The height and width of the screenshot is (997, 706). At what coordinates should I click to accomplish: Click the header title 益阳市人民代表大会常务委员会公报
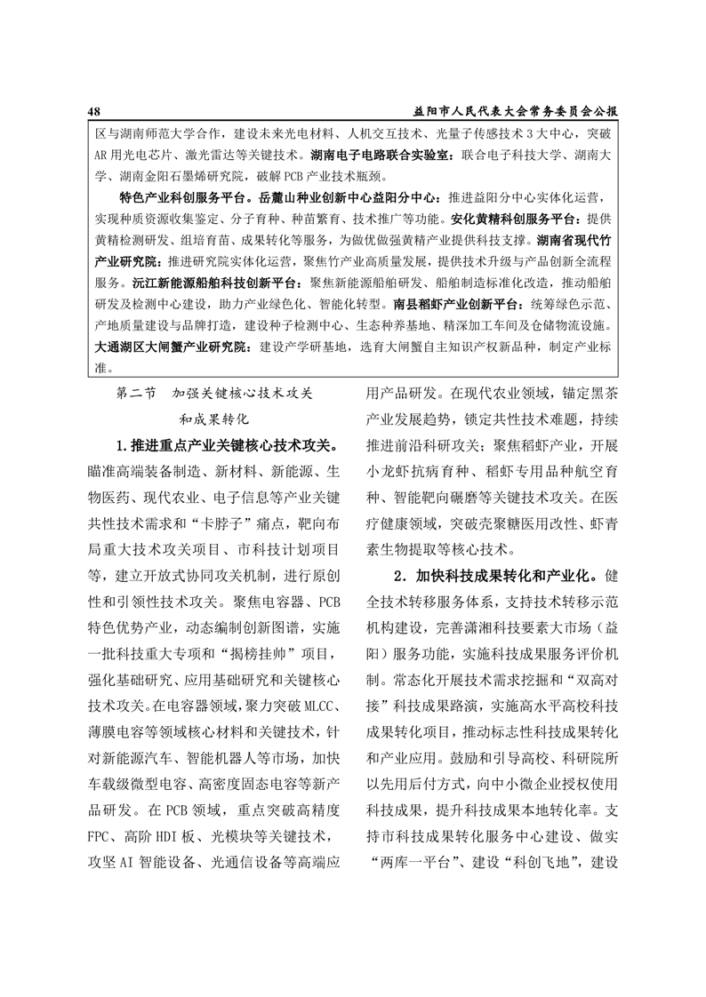click(x=516, y=111)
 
